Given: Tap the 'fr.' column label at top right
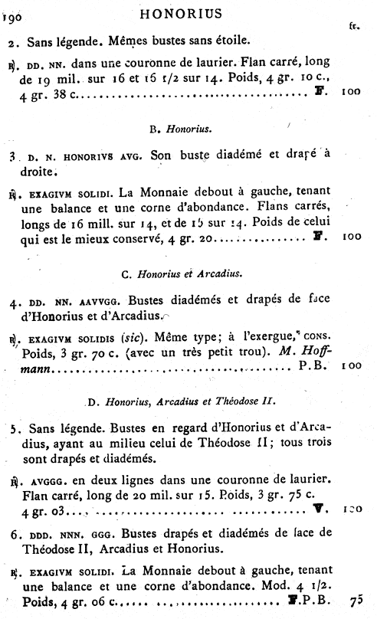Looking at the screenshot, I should [354, 25].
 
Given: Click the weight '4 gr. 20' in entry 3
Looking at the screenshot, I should [195, 237].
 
